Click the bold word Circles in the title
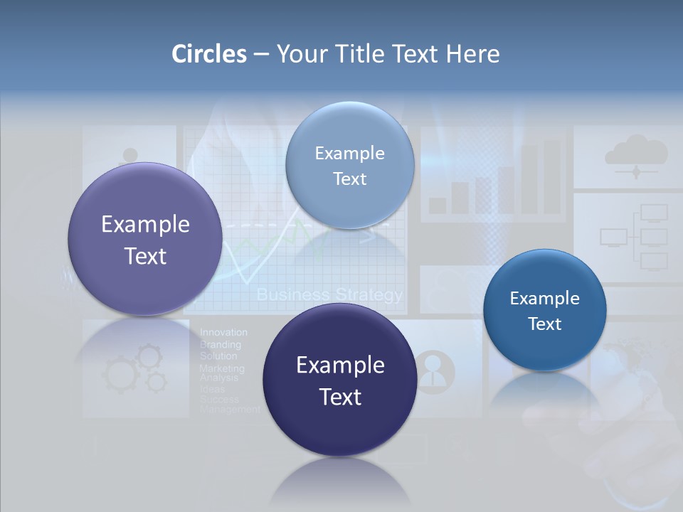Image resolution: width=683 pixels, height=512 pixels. (x=209, y=54)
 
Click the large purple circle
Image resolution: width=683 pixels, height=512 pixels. (x=145, y=239)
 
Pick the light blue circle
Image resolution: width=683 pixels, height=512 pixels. (x=349, y=165)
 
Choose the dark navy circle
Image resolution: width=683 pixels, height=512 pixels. (x=340, y=380)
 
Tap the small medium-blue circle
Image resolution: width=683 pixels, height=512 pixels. (x=544, y=310)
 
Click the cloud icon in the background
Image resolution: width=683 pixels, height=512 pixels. (x=635, y=152)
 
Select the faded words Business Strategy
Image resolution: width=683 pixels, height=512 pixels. (x=329, y=294)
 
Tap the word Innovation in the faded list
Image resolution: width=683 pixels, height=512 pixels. (x=223, y=332)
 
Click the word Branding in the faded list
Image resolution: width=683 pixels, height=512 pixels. (x=220, y=344)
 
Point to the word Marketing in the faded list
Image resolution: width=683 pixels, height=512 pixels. (x=221, y=368)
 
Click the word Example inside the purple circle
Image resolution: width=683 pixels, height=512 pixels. (x=145, y=225)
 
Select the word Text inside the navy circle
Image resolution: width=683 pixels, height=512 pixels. (x=340, y=397)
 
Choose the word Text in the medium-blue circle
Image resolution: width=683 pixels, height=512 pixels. (x=544, y=324)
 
